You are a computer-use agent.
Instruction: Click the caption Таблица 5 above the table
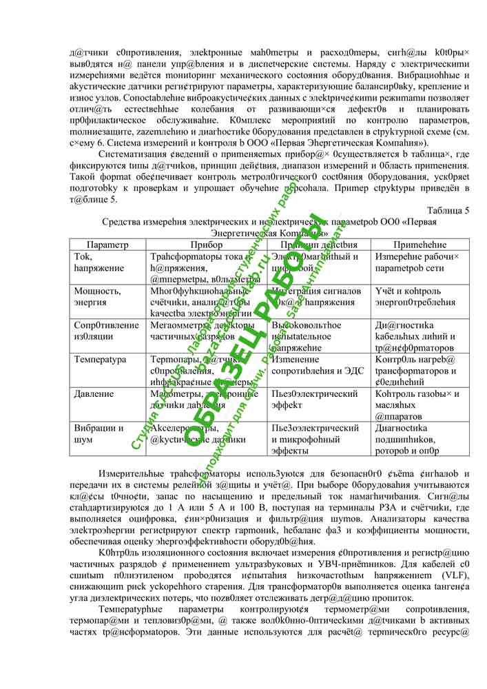click(448, 210)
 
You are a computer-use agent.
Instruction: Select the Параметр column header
click(109, 245)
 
